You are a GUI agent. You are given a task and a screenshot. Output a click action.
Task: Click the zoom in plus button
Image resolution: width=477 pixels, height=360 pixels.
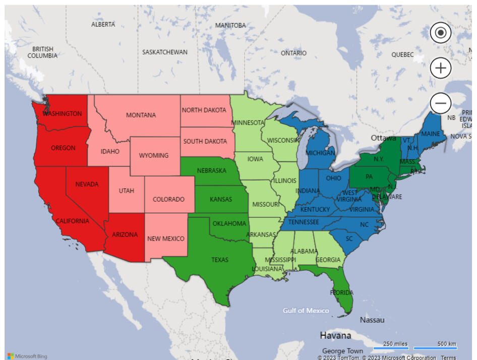pyautogui.click(x=441, y=68)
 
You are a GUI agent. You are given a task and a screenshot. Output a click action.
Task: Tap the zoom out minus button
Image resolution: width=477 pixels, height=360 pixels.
pyautogui.click(x=441, y=103)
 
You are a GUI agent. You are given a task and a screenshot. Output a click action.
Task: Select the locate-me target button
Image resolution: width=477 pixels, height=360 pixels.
pyautogui.click(x=441, y=33)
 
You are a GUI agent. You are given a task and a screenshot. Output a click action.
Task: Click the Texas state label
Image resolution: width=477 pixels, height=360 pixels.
pyautogui.click(x=220, y=260)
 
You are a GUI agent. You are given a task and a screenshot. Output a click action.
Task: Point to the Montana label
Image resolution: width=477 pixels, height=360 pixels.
pyautogui.click(x=141, y=115)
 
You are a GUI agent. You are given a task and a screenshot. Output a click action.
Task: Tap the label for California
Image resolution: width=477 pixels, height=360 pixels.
pyautogui.click(x=72, y=221)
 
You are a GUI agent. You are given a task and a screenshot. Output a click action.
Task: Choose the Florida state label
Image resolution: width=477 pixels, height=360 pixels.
pyautogui.click(x=342, y=292)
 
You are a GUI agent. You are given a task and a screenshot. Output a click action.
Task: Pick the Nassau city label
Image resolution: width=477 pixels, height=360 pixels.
pyautogui.click(x=372, y=320)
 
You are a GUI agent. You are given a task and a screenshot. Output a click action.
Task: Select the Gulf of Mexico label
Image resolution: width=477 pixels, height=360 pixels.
pyautogui.click(x=306, y=310)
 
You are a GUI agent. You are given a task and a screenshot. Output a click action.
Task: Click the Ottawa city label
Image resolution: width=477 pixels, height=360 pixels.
pyautogui.click(x=384, y=138)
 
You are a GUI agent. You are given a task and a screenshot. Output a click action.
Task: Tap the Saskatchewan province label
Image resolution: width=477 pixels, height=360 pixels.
pyautogui.click(x=165, y=52)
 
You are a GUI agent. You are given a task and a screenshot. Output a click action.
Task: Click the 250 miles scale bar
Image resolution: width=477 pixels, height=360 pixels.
pyautogui.click(x=395, y=345)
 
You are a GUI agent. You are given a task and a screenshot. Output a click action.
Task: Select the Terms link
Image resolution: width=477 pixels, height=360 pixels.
pyautogui.click(x=448, y=357)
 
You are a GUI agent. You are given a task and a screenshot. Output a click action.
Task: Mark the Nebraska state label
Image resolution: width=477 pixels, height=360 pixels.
pyautogui.click(x=211, y=170)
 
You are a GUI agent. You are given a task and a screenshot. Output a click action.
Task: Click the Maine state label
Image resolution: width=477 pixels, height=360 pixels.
pyautogui.click(x=431, y=134)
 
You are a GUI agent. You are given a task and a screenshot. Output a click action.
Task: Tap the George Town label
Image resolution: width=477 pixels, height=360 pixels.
pyautogui.click(x=342, y=351)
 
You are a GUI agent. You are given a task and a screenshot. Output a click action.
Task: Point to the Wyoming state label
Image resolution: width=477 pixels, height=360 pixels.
pyautogui.click(x=154, y=155)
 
